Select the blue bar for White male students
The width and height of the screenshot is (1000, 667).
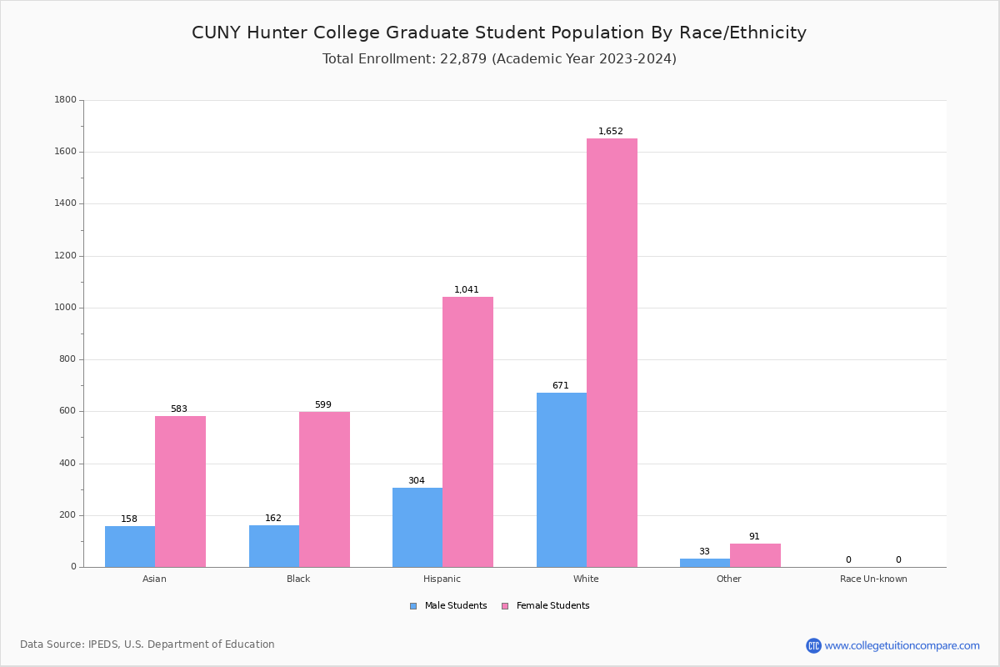(x=562, y=479)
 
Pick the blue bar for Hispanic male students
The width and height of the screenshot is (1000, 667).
(x=417, y=527)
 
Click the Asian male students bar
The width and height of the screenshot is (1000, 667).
(x=130, y=546)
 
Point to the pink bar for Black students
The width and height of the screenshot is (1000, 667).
(x=324, y=489)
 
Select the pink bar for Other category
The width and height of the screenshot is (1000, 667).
(x=755, y=555)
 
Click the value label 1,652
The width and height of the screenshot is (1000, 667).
(x=611, y=132)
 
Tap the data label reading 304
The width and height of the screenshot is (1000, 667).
(x=417, y=481)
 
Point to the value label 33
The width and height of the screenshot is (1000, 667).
(x=704, y=552)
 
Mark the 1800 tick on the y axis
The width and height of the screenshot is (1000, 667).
(x=65, y=100)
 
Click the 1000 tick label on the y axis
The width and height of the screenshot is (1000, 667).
(x=65, y=308)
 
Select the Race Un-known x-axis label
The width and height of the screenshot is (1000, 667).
(x=873, y=579)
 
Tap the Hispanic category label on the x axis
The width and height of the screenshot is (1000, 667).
(x=442, y=579)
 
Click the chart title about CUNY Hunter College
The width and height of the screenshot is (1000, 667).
(x=499, y=33)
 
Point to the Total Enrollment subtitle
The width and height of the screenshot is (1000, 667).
(x=499, y=59)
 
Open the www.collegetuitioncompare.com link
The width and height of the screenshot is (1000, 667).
(x=902, y=645)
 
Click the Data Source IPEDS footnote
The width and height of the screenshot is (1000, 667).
(x=147, y=644)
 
